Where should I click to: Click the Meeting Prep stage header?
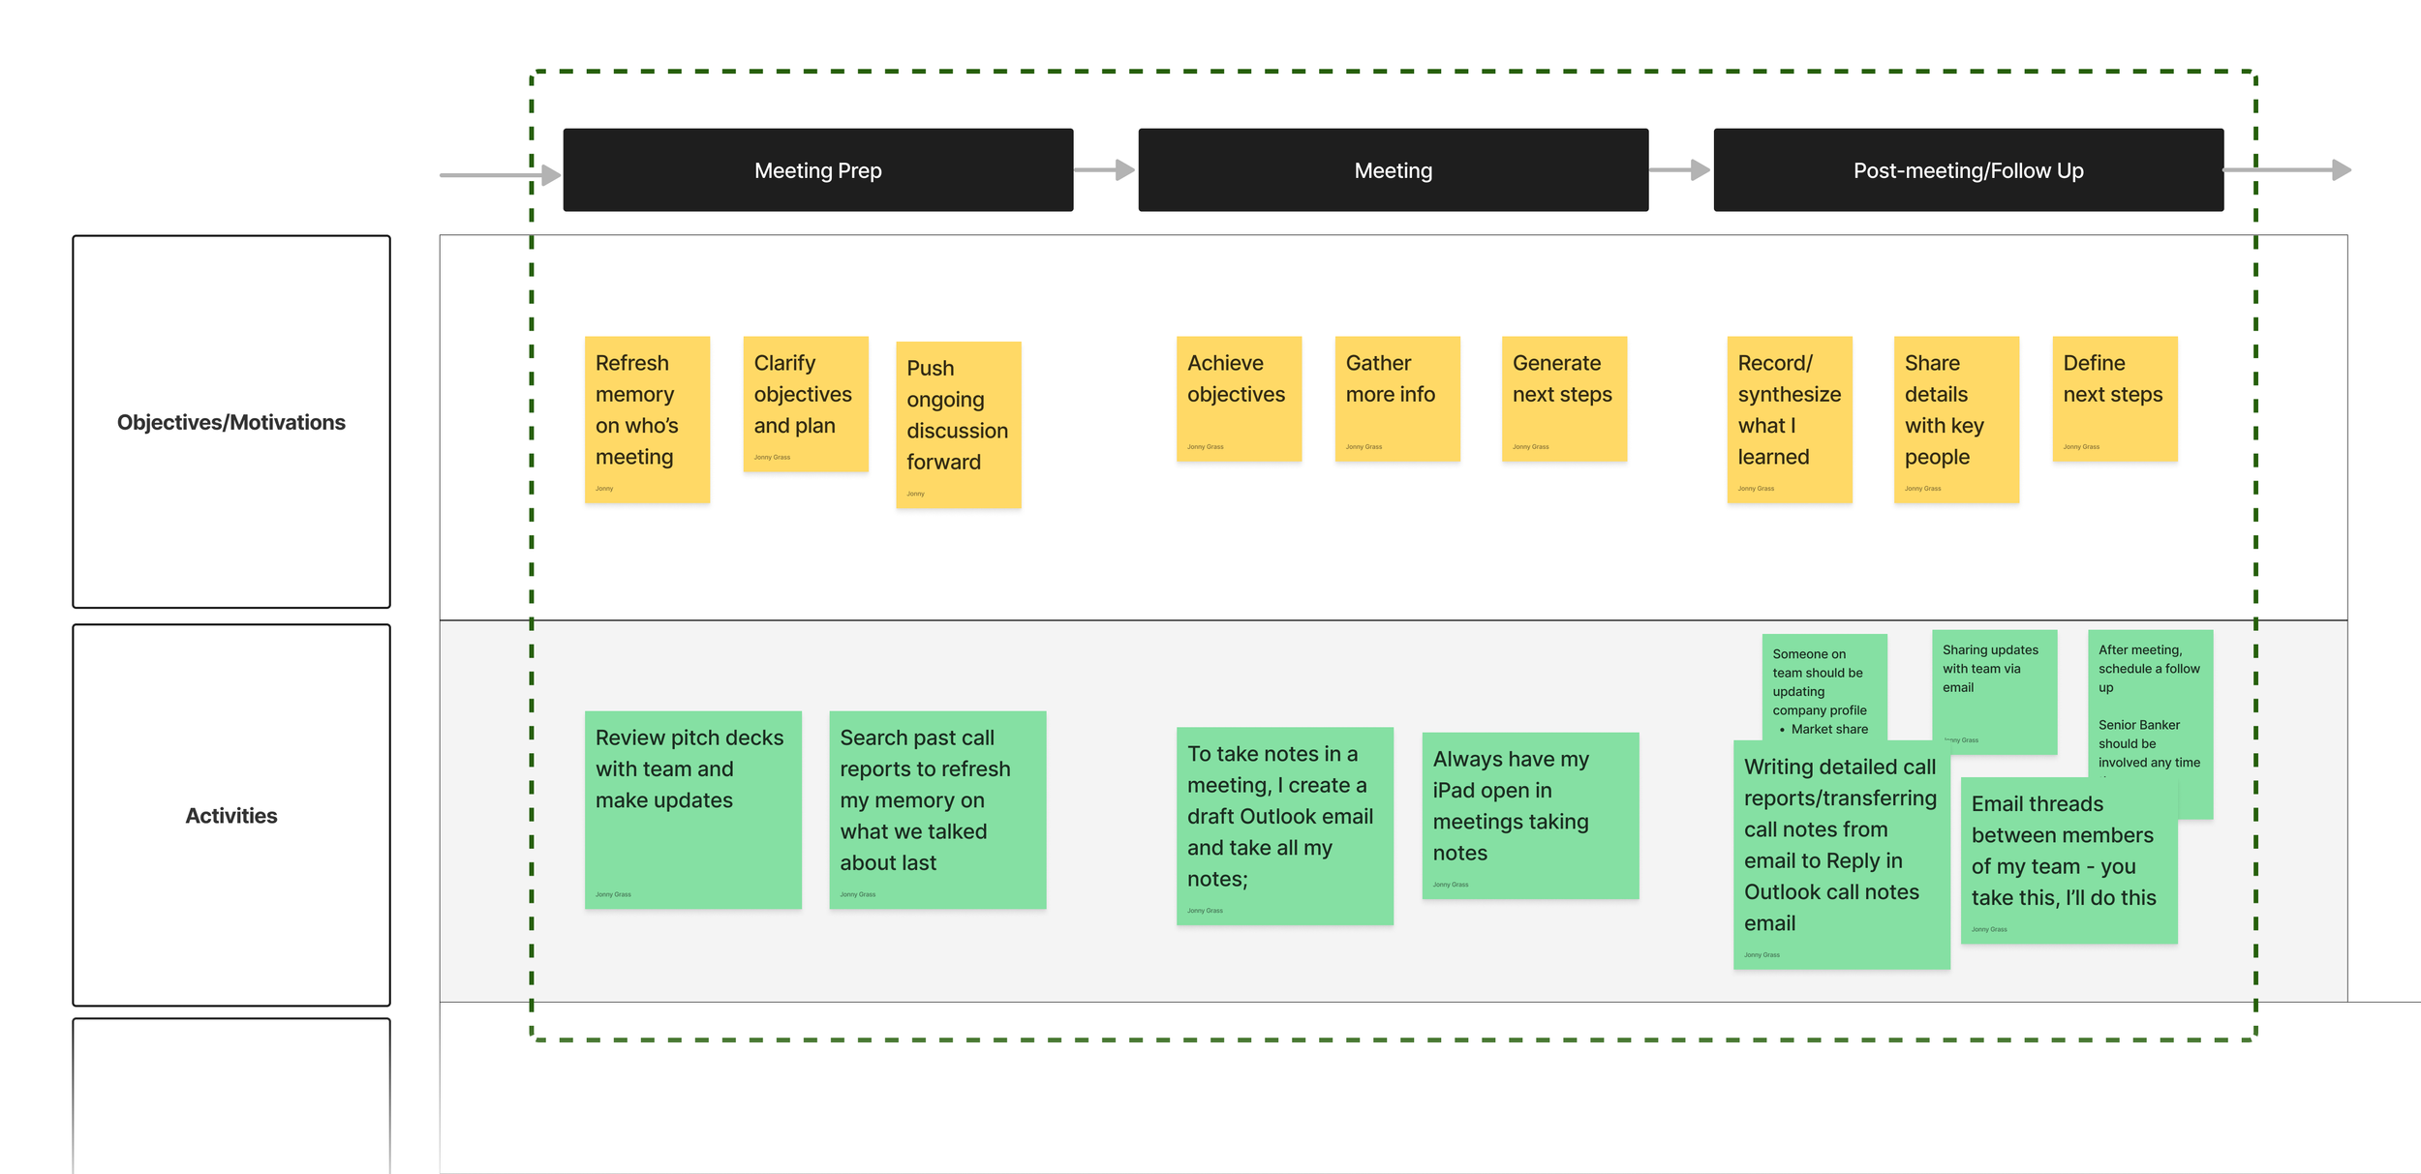(817, 170)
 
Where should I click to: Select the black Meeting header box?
(1393, 170)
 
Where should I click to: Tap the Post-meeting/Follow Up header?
(1968, 170)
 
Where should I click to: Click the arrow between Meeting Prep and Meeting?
(1104, 170)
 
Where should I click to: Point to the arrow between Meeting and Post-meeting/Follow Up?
(1679, 170)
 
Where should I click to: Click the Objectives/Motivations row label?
(230, 422)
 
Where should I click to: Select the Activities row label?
(230, 815)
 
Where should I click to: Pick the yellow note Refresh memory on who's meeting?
(647, 419)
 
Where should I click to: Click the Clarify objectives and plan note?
(805, 404)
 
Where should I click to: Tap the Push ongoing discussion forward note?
(958, 424)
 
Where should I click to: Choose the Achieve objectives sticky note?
(1239, 399)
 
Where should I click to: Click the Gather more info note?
(1396, 399)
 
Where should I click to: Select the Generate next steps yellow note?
(1564, 399)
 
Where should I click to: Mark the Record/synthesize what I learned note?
(1789, 419)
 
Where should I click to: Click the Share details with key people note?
(1956, 419)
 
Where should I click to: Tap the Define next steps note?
(2114, 399)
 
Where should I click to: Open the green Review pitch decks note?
(692, 809)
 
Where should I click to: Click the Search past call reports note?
(936, 809)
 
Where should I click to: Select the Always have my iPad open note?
(1530, 815)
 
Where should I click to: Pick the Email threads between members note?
(2069, 859)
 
